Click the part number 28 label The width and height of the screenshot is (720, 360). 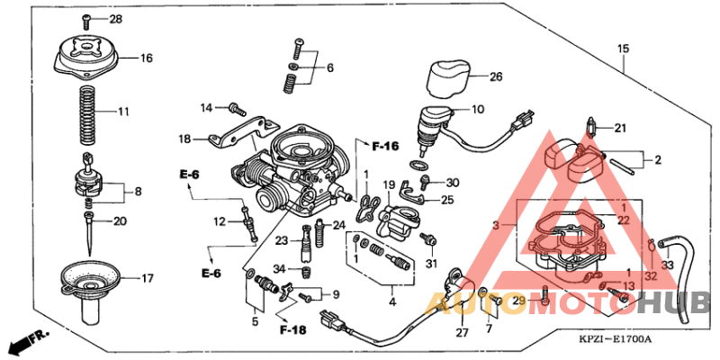coord(114,19)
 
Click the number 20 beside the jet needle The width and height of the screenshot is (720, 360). coord(121,221)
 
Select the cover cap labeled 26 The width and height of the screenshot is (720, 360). coord(445,77)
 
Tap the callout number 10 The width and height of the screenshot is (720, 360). coord(477,109)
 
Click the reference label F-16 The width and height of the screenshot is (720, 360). coord(385,145)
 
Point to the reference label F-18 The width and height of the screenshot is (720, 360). coord(292,330)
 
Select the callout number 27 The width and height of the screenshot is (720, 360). coord(462,334)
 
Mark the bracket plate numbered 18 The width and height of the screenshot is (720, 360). coord(230,136)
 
